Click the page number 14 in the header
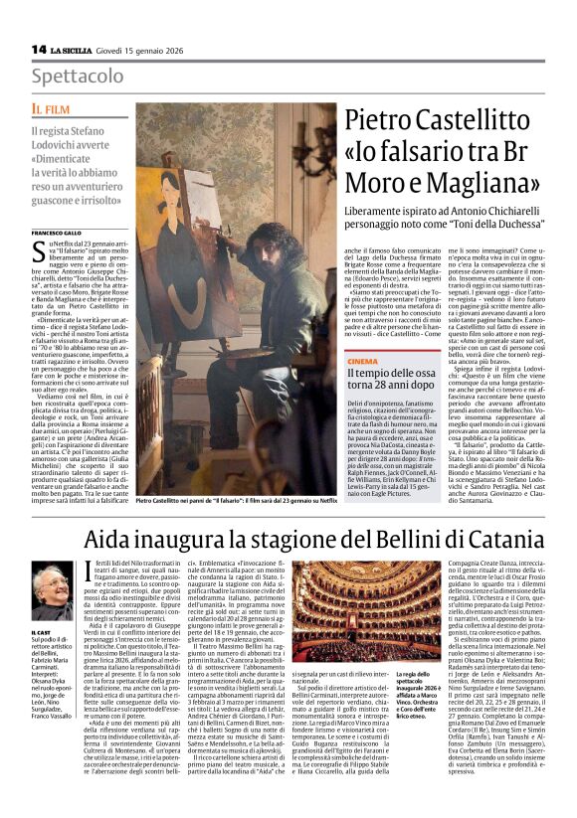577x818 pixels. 38,49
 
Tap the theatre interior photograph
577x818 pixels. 343,623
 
